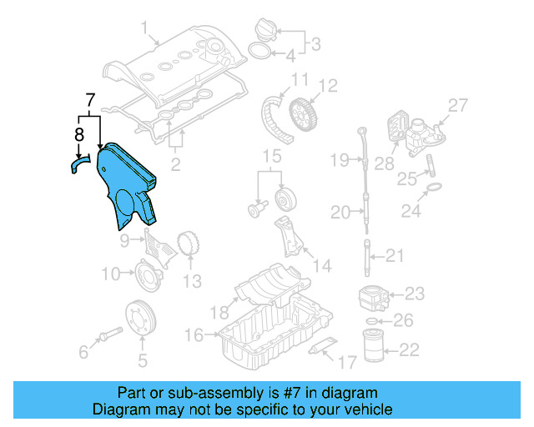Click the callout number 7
(92, 103)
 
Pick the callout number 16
(194, 335)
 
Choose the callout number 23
(415, 293)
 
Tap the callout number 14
(321, 266)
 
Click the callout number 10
(111, 274)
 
